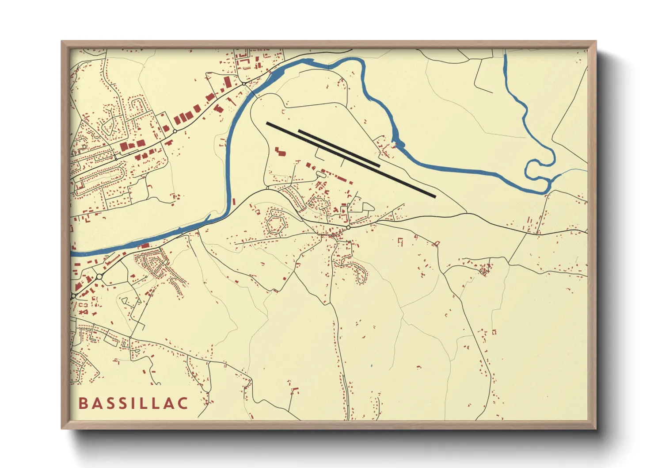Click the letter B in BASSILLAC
tap(83, 403)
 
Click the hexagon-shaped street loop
tap(275, 223)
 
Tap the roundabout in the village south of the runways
tap(348, 227)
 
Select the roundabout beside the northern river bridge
tap(243, 84)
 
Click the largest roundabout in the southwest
tap(99, 276)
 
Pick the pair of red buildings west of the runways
tap(280, 152)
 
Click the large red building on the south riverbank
tap(144, 246)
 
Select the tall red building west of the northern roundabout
tap(228, 82)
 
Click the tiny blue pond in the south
tap(372, 365)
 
